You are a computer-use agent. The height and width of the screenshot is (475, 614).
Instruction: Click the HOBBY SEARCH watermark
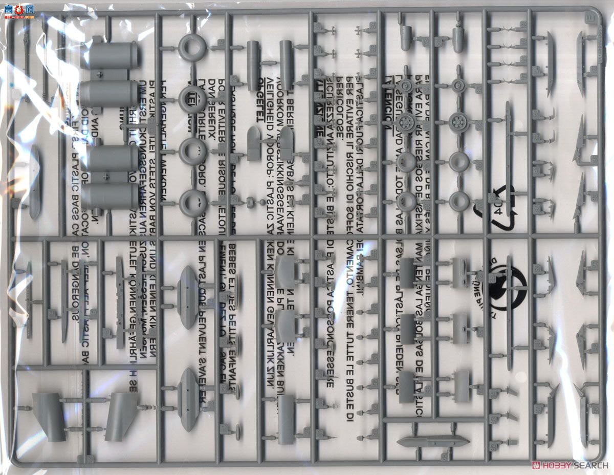tap(570, 465)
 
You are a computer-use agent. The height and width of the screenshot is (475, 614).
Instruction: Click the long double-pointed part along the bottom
tap(433, 441)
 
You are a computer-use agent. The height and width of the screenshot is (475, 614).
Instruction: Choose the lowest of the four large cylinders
tap(109, 197)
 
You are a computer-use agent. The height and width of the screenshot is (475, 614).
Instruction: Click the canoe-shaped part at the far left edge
tap(35, 182)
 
